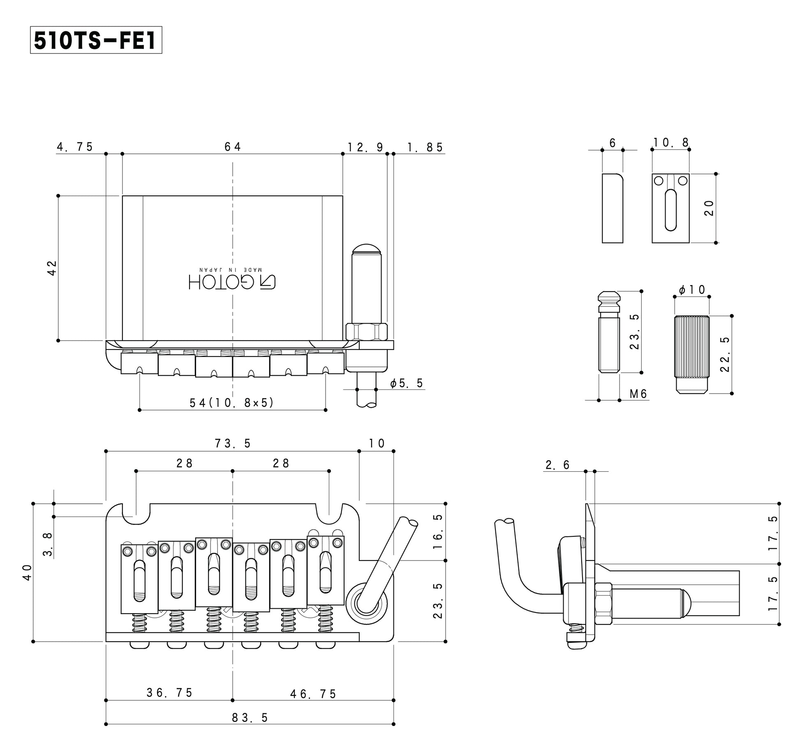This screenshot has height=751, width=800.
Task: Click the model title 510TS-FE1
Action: pos(96,40)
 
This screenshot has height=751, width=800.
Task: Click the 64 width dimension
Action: pos(233,146)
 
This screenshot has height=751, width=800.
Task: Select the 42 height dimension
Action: pos(52,268)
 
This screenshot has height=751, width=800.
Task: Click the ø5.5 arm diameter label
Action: pos(407,383)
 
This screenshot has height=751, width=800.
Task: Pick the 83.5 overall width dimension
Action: pos(250,718)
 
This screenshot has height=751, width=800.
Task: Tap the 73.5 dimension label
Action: pos(233,443)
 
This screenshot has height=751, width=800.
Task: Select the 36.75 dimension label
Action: pos(169,693)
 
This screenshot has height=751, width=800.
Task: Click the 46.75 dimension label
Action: pos(313,694)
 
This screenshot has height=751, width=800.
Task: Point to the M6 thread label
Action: pos(638,394)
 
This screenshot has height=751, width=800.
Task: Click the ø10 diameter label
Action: pos(692,290)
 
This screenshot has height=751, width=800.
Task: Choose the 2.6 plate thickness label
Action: pos(557,465)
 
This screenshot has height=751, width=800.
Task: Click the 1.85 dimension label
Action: pos(425,147)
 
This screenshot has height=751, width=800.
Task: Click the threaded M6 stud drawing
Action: pos(609,332)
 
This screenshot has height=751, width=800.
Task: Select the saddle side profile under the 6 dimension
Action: pos(613,208)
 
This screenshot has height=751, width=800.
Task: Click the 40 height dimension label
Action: pos(27,572)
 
